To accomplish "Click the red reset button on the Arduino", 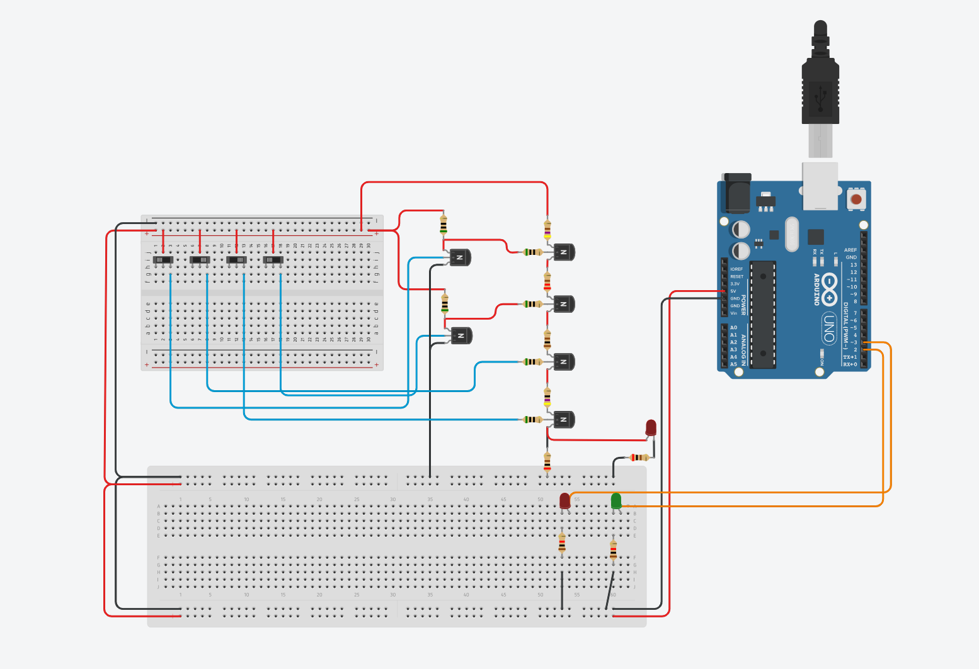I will point(856,200).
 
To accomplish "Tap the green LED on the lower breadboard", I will point(616,501).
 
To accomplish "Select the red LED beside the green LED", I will point(565,501).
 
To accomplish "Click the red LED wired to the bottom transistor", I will point(651,428).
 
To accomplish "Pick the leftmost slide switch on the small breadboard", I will point(164,259).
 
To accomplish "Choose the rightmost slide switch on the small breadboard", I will point(273,259).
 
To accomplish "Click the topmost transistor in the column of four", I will point(564,252).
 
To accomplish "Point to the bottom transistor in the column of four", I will point(564,419).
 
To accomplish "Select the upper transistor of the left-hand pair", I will point(460,257).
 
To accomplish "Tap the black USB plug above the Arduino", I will point(820,88).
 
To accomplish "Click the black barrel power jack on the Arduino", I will point(737,193).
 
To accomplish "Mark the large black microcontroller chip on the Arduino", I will point(762,314).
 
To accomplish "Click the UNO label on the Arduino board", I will point(830,328).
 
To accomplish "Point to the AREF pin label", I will point(850,250).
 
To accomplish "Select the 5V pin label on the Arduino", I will point(733,291).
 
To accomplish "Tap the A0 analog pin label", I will point(733,328).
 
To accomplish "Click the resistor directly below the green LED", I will point(613,550).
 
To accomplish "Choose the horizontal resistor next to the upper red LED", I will point(639,458).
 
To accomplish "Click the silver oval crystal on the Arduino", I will point(792,233).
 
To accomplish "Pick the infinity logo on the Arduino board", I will point(829,289).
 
